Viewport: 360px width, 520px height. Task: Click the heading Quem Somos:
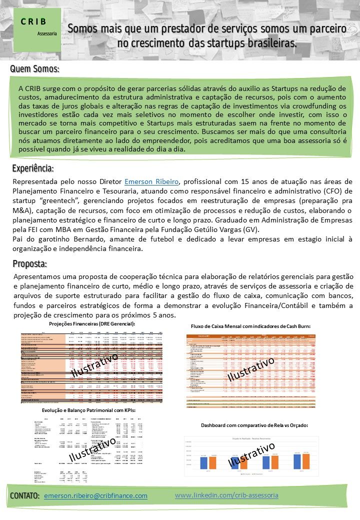tap(34, 68)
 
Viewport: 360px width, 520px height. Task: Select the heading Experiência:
tap(33, 168)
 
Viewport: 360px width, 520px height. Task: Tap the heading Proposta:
tap(29, 263)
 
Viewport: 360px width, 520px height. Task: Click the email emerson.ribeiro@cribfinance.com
tap(95, 495)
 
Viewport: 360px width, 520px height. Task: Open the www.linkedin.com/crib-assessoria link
tap(226, 495)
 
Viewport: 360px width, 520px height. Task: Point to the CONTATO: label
tap(25, 495)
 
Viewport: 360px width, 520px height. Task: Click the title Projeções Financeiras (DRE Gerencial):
tap(94, 324)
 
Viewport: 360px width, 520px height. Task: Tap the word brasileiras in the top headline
tap(265, 43)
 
